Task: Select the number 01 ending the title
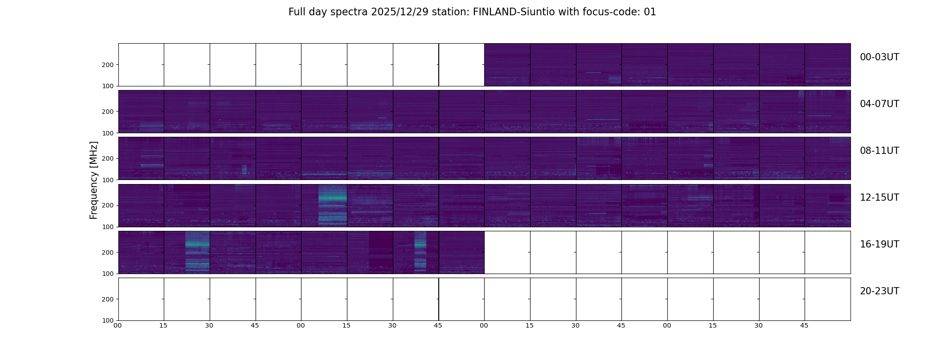pyautogui.click(x=650, y=12)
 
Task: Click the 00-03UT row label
pyautogui.click(x=879, y=57)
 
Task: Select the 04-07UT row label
pyautogui.click(x=879, y=104)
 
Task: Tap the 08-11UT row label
pyautogui.click(x=879, y=151)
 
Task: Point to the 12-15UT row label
pyautogui.click(x=879, y=198)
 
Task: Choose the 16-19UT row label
pyautogui.click(x=879, y=244)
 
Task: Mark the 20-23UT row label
pyautogui.click(x=879, y=291)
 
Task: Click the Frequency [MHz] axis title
pyautogui.click(x=94, y=180)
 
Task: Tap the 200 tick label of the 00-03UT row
pyautogui.click(x=108, y=65)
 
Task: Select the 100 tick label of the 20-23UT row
pyautogui.click(x=108, y=320)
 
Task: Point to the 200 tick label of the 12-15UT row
pyautogui.click(x=108, y=205)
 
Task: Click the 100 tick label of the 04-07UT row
pyautogui.click(x=108, y=133)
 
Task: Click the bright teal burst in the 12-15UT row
pyautogui.click(x=333, y=198)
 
